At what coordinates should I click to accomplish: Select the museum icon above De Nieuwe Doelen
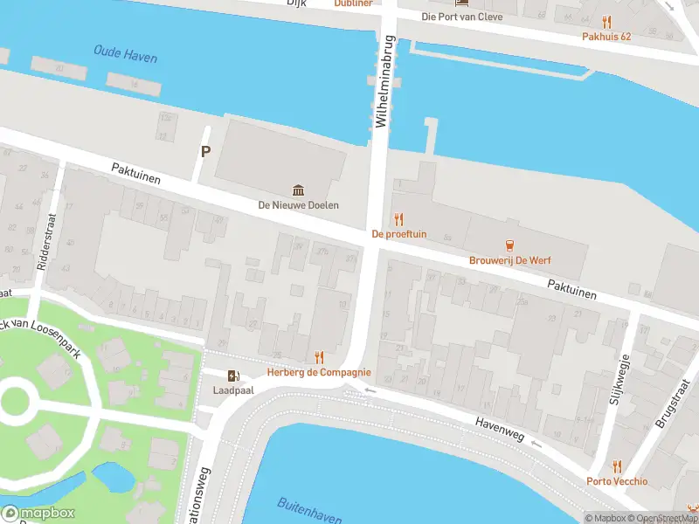click(x=298, y=190)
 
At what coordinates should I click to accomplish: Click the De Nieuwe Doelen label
click(x=298, y=205)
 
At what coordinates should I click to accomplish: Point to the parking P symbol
click(x=206, y=151)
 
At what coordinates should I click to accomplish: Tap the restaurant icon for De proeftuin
click(x=398, y=219)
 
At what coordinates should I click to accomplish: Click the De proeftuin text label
click(x=398, y=234)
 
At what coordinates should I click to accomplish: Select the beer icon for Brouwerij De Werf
click(x=515, y=245)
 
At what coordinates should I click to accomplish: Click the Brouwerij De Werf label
click(x=515, y=260)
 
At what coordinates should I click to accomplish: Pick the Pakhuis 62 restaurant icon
click(x=606, y=22)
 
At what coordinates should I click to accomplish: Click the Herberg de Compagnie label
click(x=319, y=372)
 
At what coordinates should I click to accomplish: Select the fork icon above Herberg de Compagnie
click(x=319, y=357)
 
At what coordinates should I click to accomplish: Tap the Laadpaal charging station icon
click(x=232, y=376)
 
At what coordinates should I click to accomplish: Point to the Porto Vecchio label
click(x=617, y=481)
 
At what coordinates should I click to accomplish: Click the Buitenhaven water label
click(x=308, y=511)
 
